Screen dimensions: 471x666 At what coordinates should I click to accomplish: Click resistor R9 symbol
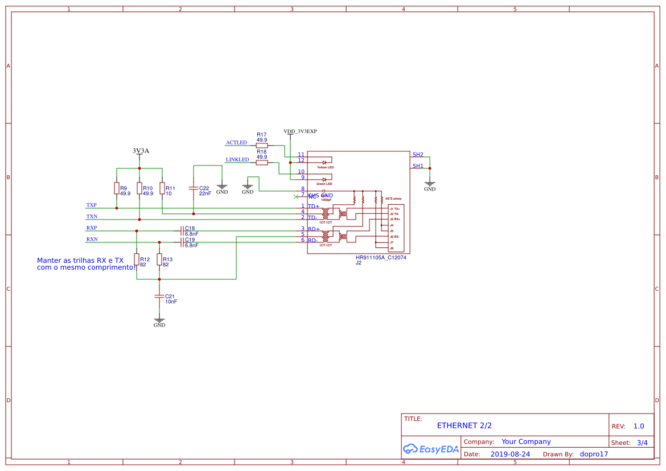click(117, 188)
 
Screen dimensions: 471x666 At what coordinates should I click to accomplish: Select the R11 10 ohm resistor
click(162, 188)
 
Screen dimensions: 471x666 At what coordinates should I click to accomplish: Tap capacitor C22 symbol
click(194, 188)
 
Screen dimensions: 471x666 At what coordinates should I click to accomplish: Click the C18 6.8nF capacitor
click(182, 230)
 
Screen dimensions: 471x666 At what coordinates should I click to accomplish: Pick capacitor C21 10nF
click(159, 296)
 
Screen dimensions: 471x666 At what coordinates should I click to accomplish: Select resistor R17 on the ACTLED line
click(262, 145)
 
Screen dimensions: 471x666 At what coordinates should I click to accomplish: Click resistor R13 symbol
click(159, 259)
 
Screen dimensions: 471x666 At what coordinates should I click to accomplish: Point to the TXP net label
click(92, 205)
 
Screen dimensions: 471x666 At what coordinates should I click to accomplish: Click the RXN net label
click(92, 239)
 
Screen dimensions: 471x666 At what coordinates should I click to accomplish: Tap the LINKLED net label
click(237, 159)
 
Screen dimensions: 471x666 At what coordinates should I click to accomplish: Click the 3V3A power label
click(141, 151)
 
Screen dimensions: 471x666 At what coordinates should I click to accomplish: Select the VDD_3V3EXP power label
click(300, 131)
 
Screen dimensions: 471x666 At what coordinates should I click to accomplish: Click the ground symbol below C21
click(159, 322)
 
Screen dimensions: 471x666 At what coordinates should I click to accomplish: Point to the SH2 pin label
click(418, 155)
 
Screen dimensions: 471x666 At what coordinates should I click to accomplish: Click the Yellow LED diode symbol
click(324, 163)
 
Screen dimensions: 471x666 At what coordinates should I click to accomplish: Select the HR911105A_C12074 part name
click(381, 258)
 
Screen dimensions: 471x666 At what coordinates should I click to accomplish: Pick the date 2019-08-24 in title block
click(510, 454)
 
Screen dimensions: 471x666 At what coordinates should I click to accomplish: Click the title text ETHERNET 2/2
click(464, 425)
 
